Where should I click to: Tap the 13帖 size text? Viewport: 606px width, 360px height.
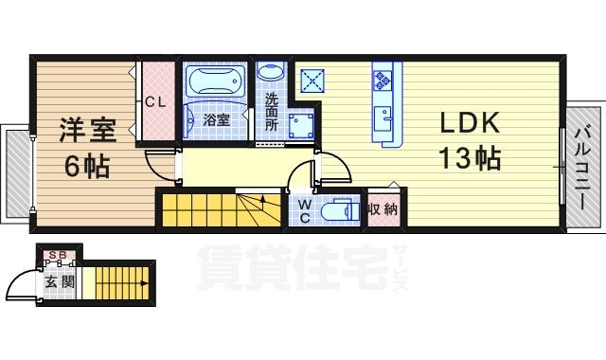[468, 158]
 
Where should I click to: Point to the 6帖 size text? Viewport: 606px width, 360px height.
[86, 166]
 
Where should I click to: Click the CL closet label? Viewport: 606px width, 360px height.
[156, 103]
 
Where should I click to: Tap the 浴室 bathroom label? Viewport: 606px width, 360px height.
[216, 120]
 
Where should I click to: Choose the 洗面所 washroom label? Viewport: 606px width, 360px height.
[272, 112]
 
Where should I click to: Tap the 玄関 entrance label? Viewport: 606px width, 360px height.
[52, 281]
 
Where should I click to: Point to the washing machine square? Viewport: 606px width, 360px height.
[302, 126]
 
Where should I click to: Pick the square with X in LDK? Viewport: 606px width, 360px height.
[313, 80]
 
